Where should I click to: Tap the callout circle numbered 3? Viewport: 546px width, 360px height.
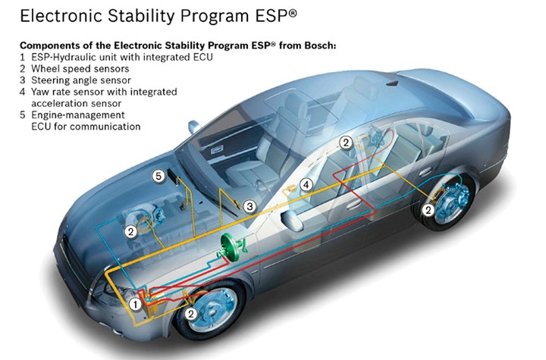coord(249,205)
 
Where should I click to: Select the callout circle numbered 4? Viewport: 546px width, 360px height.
coord(306,184)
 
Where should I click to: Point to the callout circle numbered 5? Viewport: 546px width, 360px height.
coord(158,176)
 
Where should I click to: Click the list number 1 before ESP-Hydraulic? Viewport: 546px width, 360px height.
coord(23,57)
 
